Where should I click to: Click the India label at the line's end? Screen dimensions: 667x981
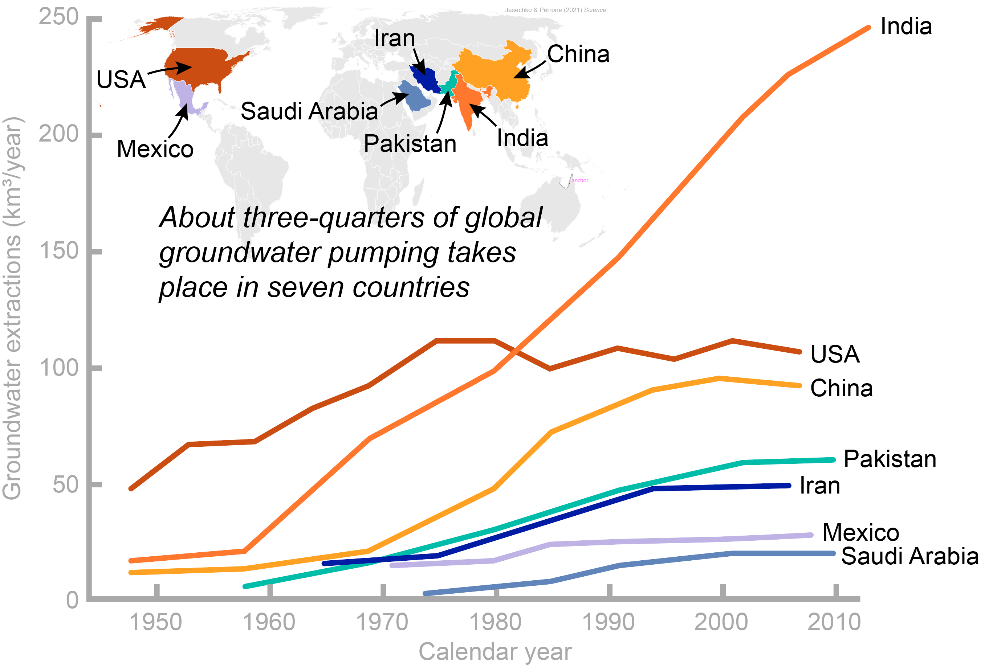[x=906, y=26]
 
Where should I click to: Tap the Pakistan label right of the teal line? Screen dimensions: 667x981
[x=890, y=459]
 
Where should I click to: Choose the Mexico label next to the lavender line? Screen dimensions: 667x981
[x=861, y=532]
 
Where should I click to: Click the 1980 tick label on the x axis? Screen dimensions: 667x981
[x=495, y=622]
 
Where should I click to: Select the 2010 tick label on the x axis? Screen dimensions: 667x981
[x=834, y=622]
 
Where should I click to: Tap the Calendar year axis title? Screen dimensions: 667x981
[x=495, y=651]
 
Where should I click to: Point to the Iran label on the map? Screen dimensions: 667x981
[x=395, y=38]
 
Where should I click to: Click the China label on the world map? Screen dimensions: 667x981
[x=578, y=54]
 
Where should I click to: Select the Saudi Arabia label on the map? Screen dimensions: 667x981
[x=309, y=111]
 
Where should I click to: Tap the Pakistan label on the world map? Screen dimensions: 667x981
[x=410, y=143]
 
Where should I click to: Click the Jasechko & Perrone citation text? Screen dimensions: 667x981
[x=555, y=10]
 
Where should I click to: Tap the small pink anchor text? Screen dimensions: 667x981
[x=579, y=180]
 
